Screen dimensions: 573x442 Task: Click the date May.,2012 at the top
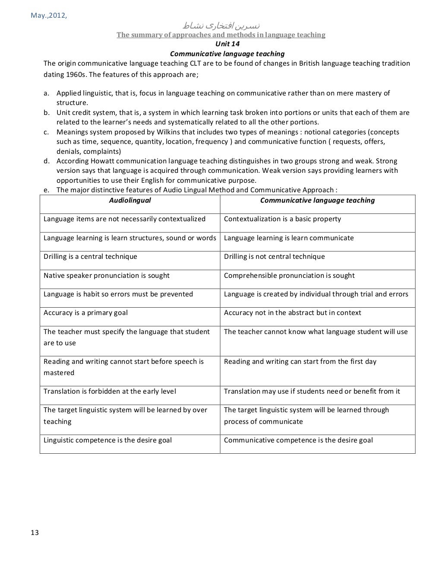(x=49, y=16)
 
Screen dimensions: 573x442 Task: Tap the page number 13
(x=35, y=533)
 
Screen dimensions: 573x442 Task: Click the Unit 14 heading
(x=227, y=44)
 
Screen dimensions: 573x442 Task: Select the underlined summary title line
(x=221, y=35)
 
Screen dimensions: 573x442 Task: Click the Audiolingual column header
(x=130, y=201)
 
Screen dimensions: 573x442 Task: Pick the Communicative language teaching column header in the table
(x=317, y=201)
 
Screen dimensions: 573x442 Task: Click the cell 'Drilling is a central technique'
(x=90, y=257)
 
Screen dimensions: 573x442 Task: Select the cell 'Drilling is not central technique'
(x=274, y=257)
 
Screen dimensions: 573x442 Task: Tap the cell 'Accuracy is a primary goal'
(x=85, y=313)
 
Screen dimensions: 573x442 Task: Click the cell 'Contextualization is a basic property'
(x=282, y=219)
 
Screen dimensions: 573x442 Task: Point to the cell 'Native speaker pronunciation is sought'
(x=107, y=276)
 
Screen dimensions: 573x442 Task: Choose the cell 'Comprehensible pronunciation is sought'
(x=289, y=276)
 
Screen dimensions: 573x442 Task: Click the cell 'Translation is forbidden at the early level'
(x=110, y=392)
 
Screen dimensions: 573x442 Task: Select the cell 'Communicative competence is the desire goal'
(x=298, y=440)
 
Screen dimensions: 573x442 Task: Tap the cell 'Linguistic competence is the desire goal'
(x=107, y=440)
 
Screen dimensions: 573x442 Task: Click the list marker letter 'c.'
(x=46, y=132)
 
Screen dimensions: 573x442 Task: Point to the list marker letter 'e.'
(x=46, y=190)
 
